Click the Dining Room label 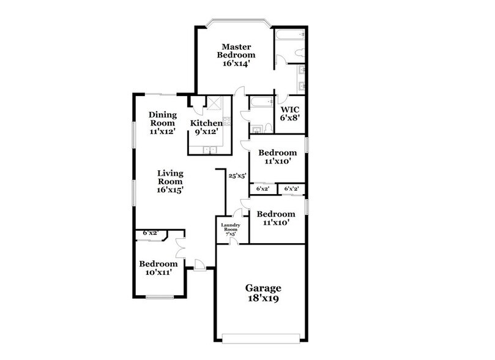click(163, 119)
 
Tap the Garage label click(263, 288)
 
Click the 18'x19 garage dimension click(263, 299)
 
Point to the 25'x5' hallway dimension click(237, 176)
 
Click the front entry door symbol click(198, 264)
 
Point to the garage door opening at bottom click(261, 336)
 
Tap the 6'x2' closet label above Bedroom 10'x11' click(150, 233)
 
